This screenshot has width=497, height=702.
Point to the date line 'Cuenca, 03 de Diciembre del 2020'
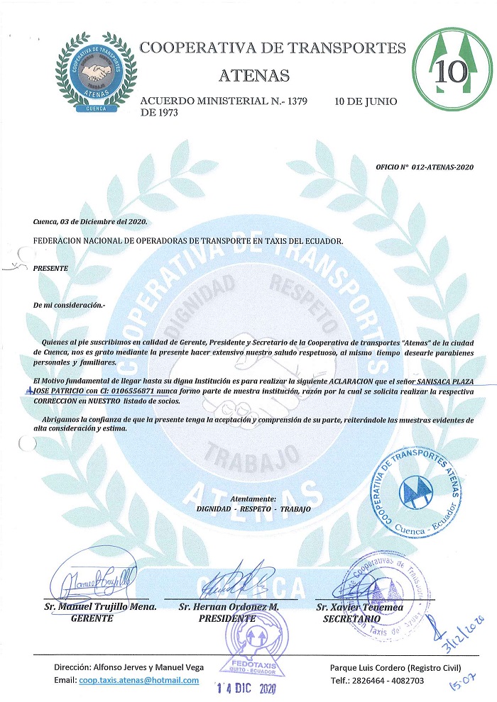89,223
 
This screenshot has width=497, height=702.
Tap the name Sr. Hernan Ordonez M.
229,607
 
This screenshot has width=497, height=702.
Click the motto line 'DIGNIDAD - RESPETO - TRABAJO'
253,509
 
